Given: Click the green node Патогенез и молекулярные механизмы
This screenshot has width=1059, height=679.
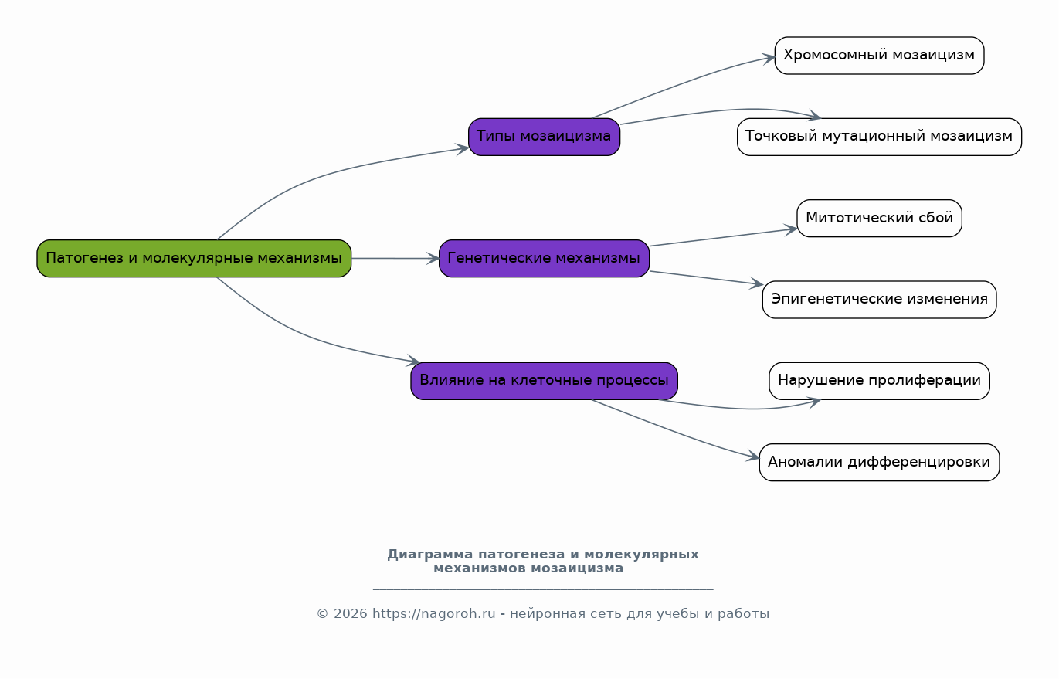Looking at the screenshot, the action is click(x=194, y=258).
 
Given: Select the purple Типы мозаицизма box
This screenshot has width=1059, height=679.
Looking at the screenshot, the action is click(x=544, y=137).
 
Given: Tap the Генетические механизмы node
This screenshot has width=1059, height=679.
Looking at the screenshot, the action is click(x=544, y=258).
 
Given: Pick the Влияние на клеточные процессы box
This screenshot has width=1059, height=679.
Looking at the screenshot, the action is click(x=544, y=381).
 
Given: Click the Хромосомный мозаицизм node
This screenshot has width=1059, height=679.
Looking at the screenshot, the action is click(x=879, y=56).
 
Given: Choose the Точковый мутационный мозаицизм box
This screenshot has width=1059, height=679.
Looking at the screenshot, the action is click(x=879, y=137).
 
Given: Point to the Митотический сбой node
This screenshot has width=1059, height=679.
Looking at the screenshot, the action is click(x=879, y=218).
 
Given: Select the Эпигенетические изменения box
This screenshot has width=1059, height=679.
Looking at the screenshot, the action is click(x=879, y=299).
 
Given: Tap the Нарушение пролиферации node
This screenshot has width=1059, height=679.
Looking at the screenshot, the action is click(x=879, y=381).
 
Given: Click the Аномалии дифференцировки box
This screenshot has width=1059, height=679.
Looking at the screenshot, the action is click(x=879, y=462).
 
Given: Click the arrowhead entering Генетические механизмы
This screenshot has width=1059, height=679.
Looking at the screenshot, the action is click(x=433, y=258).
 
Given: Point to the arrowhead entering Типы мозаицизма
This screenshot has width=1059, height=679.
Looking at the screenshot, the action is click(x=462, y=149).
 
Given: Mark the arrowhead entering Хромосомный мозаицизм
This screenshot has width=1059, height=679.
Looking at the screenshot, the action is click(x=769, y=59).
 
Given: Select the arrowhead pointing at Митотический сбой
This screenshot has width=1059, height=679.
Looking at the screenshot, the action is click(x=791, y=229).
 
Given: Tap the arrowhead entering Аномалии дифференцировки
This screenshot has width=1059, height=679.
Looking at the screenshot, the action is click(x=752, y=457).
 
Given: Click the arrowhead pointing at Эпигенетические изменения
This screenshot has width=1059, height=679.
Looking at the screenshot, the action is click(x=756, y=283).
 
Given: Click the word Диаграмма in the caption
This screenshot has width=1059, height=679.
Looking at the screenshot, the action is click(x=429, y=554).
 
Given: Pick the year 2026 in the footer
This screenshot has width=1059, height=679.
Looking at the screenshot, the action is click(x=351, y=614).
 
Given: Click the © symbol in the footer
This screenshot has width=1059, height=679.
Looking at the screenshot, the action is click(x=322, y=614).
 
